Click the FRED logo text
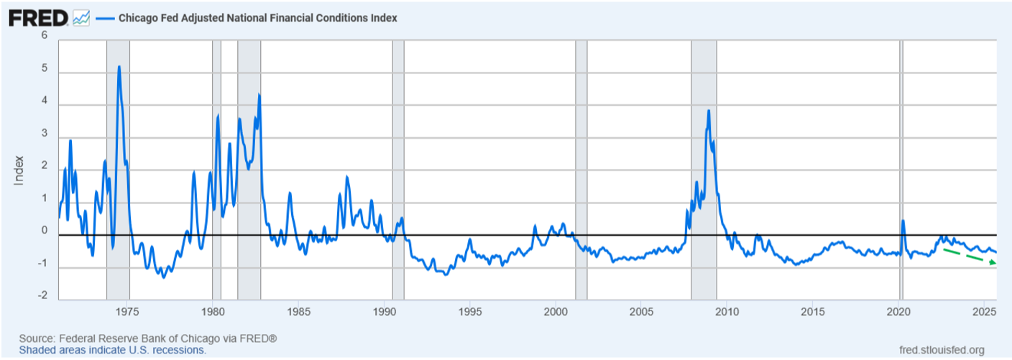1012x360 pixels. pyautogui.click(x=38, y=18)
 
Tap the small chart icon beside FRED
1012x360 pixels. pyautogui.click(x=81, y=18)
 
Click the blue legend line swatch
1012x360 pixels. pyautogui.click(x=105, y=18)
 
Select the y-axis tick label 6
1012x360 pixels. pyautogui.click(x=45, y=35)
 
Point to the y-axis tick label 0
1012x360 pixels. pyautogui.click(x=45, y=231)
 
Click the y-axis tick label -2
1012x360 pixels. pyautogui.click(x=42, y=295)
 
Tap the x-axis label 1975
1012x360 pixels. pyautogui.click(x=127, y=312)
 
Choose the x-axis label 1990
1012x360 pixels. pyautogui.click(x=385, y=312)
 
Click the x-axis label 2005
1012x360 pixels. pyautogui.click(x=642, y=312)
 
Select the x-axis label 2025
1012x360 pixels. pyautogui.click(x=985, y=312)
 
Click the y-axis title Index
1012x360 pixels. pyautogui.click(x=19, y=170)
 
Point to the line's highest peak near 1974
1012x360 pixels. pyautogui.click(x=119, y=66)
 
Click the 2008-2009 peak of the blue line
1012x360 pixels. pyautogui.click(x=709, y=111)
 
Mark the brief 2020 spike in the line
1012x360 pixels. pyautogui.click(x=903, y=221)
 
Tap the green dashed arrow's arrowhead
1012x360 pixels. pyautogui.click(x=993, y=262)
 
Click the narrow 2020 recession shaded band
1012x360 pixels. pyautogui.click(x=901, y=170)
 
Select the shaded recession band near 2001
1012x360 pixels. pyautogui.click(x=581, y=170)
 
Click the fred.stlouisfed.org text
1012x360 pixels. pyautogui.click(x=942, y=350)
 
